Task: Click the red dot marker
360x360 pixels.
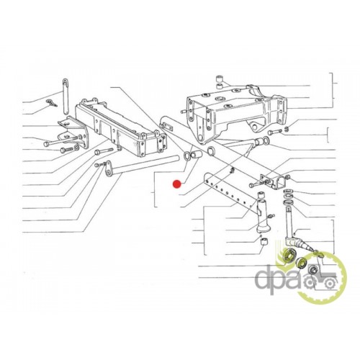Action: (177, 184)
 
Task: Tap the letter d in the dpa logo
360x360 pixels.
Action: (264, 279)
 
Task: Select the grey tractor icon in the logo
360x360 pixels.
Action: (319, 280)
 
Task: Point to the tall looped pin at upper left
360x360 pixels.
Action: (66, 96)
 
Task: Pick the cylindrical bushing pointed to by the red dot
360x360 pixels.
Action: (197, 155)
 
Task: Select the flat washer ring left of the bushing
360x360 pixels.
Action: (186, 156)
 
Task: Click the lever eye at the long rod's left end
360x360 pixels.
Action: (108, 168)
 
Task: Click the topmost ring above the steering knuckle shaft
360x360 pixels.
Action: (287, 192)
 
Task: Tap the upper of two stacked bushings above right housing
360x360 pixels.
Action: (220, 78)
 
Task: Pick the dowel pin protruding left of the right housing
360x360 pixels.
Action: (185, 111)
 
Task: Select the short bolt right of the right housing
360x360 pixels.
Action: (275, 131)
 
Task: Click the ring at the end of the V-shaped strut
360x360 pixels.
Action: (266, 140)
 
